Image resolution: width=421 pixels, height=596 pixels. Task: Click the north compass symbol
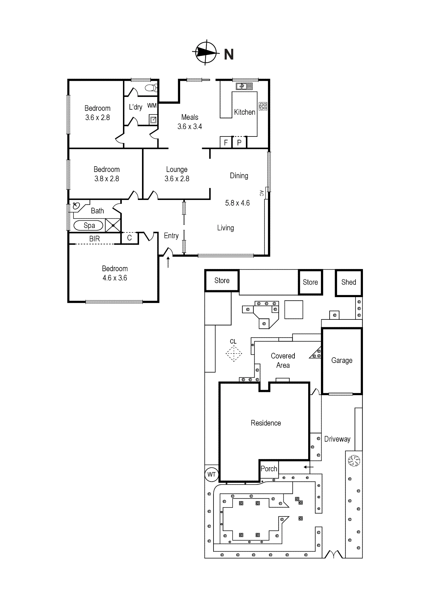206,52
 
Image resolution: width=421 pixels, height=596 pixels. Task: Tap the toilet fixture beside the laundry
152,88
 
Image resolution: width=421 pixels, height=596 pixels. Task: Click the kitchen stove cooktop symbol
263,106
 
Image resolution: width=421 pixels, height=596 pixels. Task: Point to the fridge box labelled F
226,142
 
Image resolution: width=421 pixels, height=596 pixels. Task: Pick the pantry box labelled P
239,142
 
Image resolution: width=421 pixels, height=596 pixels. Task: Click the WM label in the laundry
152,105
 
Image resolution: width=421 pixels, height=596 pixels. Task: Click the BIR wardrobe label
94,239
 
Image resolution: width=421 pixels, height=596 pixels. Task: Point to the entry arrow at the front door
168,262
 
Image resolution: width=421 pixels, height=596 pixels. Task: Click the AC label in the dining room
261,193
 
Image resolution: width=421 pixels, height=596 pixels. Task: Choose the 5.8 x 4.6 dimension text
237,203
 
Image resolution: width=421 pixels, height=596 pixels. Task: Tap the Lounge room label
177,169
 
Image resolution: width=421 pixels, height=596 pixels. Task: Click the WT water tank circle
212,474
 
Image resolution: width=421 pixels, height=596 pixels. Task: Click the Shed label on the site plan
349,282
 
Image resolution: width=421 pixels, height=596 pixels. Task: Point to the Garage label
342,360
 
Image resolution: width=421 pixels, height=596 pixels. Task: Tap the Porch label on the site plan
269,469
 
